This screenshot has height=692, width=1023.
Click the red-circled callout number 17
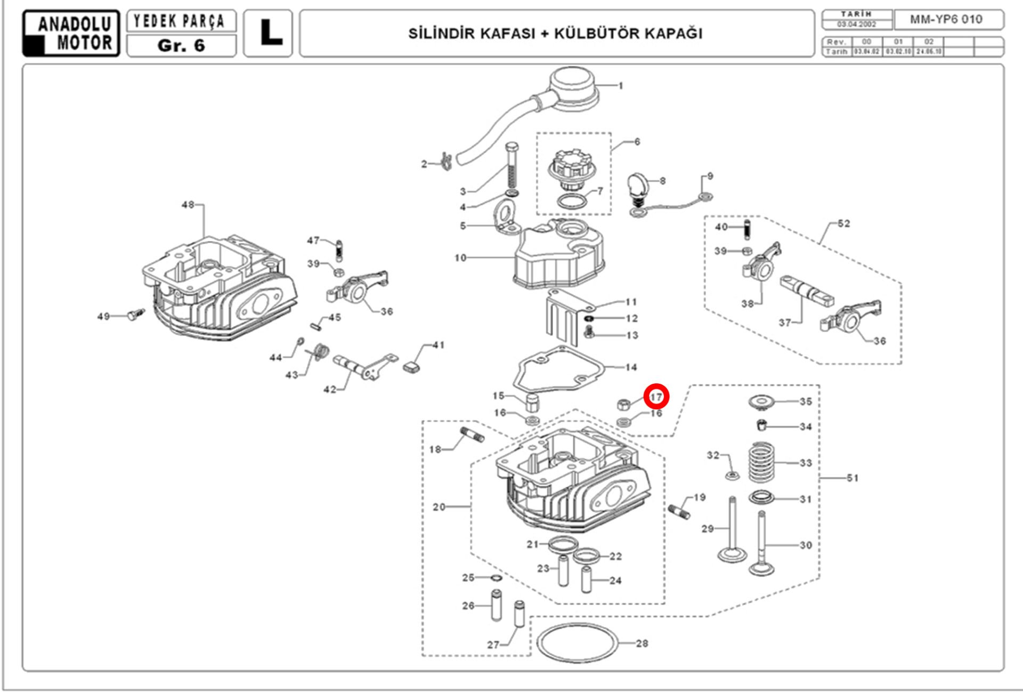click(x=656, y=397)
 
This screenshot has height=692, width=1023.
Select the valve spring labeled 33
click(x=762, y=462)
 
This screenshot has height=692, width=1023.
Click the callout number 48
click(x=188, y=205)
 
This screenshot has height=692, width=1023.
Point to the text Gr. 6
click(x=181, y=46)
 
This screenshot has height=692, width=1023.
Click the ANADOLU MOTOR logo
click(x=71, y=33)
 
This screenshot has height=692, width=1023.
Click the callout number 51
click(x=853, y=478)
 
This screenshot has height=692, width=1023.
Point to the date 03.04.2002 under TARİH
click(x=857, y=25)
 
